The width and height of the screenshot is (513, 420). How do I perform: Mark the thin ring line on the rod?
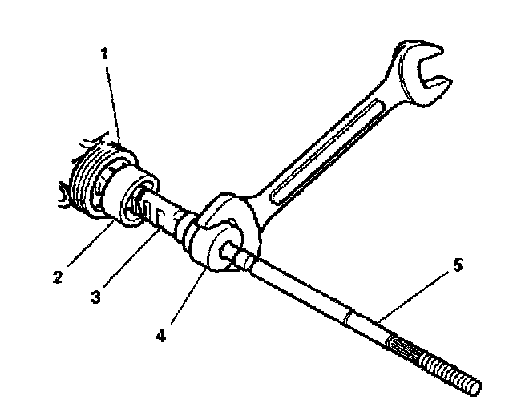point(345,317)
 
